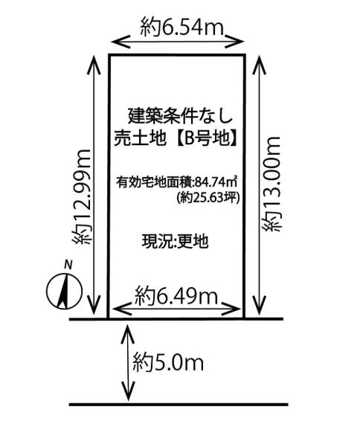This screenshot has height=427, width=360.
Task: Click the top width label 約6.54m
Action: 182,28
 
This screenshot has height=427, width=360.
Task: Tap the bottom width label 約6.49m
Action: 176,295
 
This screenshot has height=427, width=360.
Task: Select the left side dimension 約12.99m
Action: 81,196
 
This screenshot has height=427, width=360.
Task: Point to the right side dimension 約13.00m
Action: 271,184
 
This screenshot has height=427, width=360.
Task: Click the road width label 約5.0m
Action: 168,362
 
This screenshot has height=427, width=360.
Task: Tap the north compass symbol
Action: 64,291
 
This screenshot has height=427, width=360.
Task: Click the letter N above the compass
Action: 68,265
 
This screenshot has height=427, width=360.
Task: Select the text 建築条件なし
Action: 180,116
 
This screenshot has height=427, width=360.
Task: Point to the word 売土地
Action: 140,138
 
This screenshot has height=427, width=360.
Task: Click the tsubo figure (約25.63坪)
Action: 208,197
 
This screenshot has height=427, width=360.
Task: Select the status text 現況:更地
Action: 175,241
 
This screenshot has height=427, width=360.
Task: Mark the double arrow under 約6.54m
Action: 178,42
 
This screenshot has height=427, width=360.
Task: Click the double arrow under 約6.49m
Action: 177,309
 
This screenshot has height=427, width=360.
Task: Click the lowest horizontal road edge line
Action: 179,405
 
